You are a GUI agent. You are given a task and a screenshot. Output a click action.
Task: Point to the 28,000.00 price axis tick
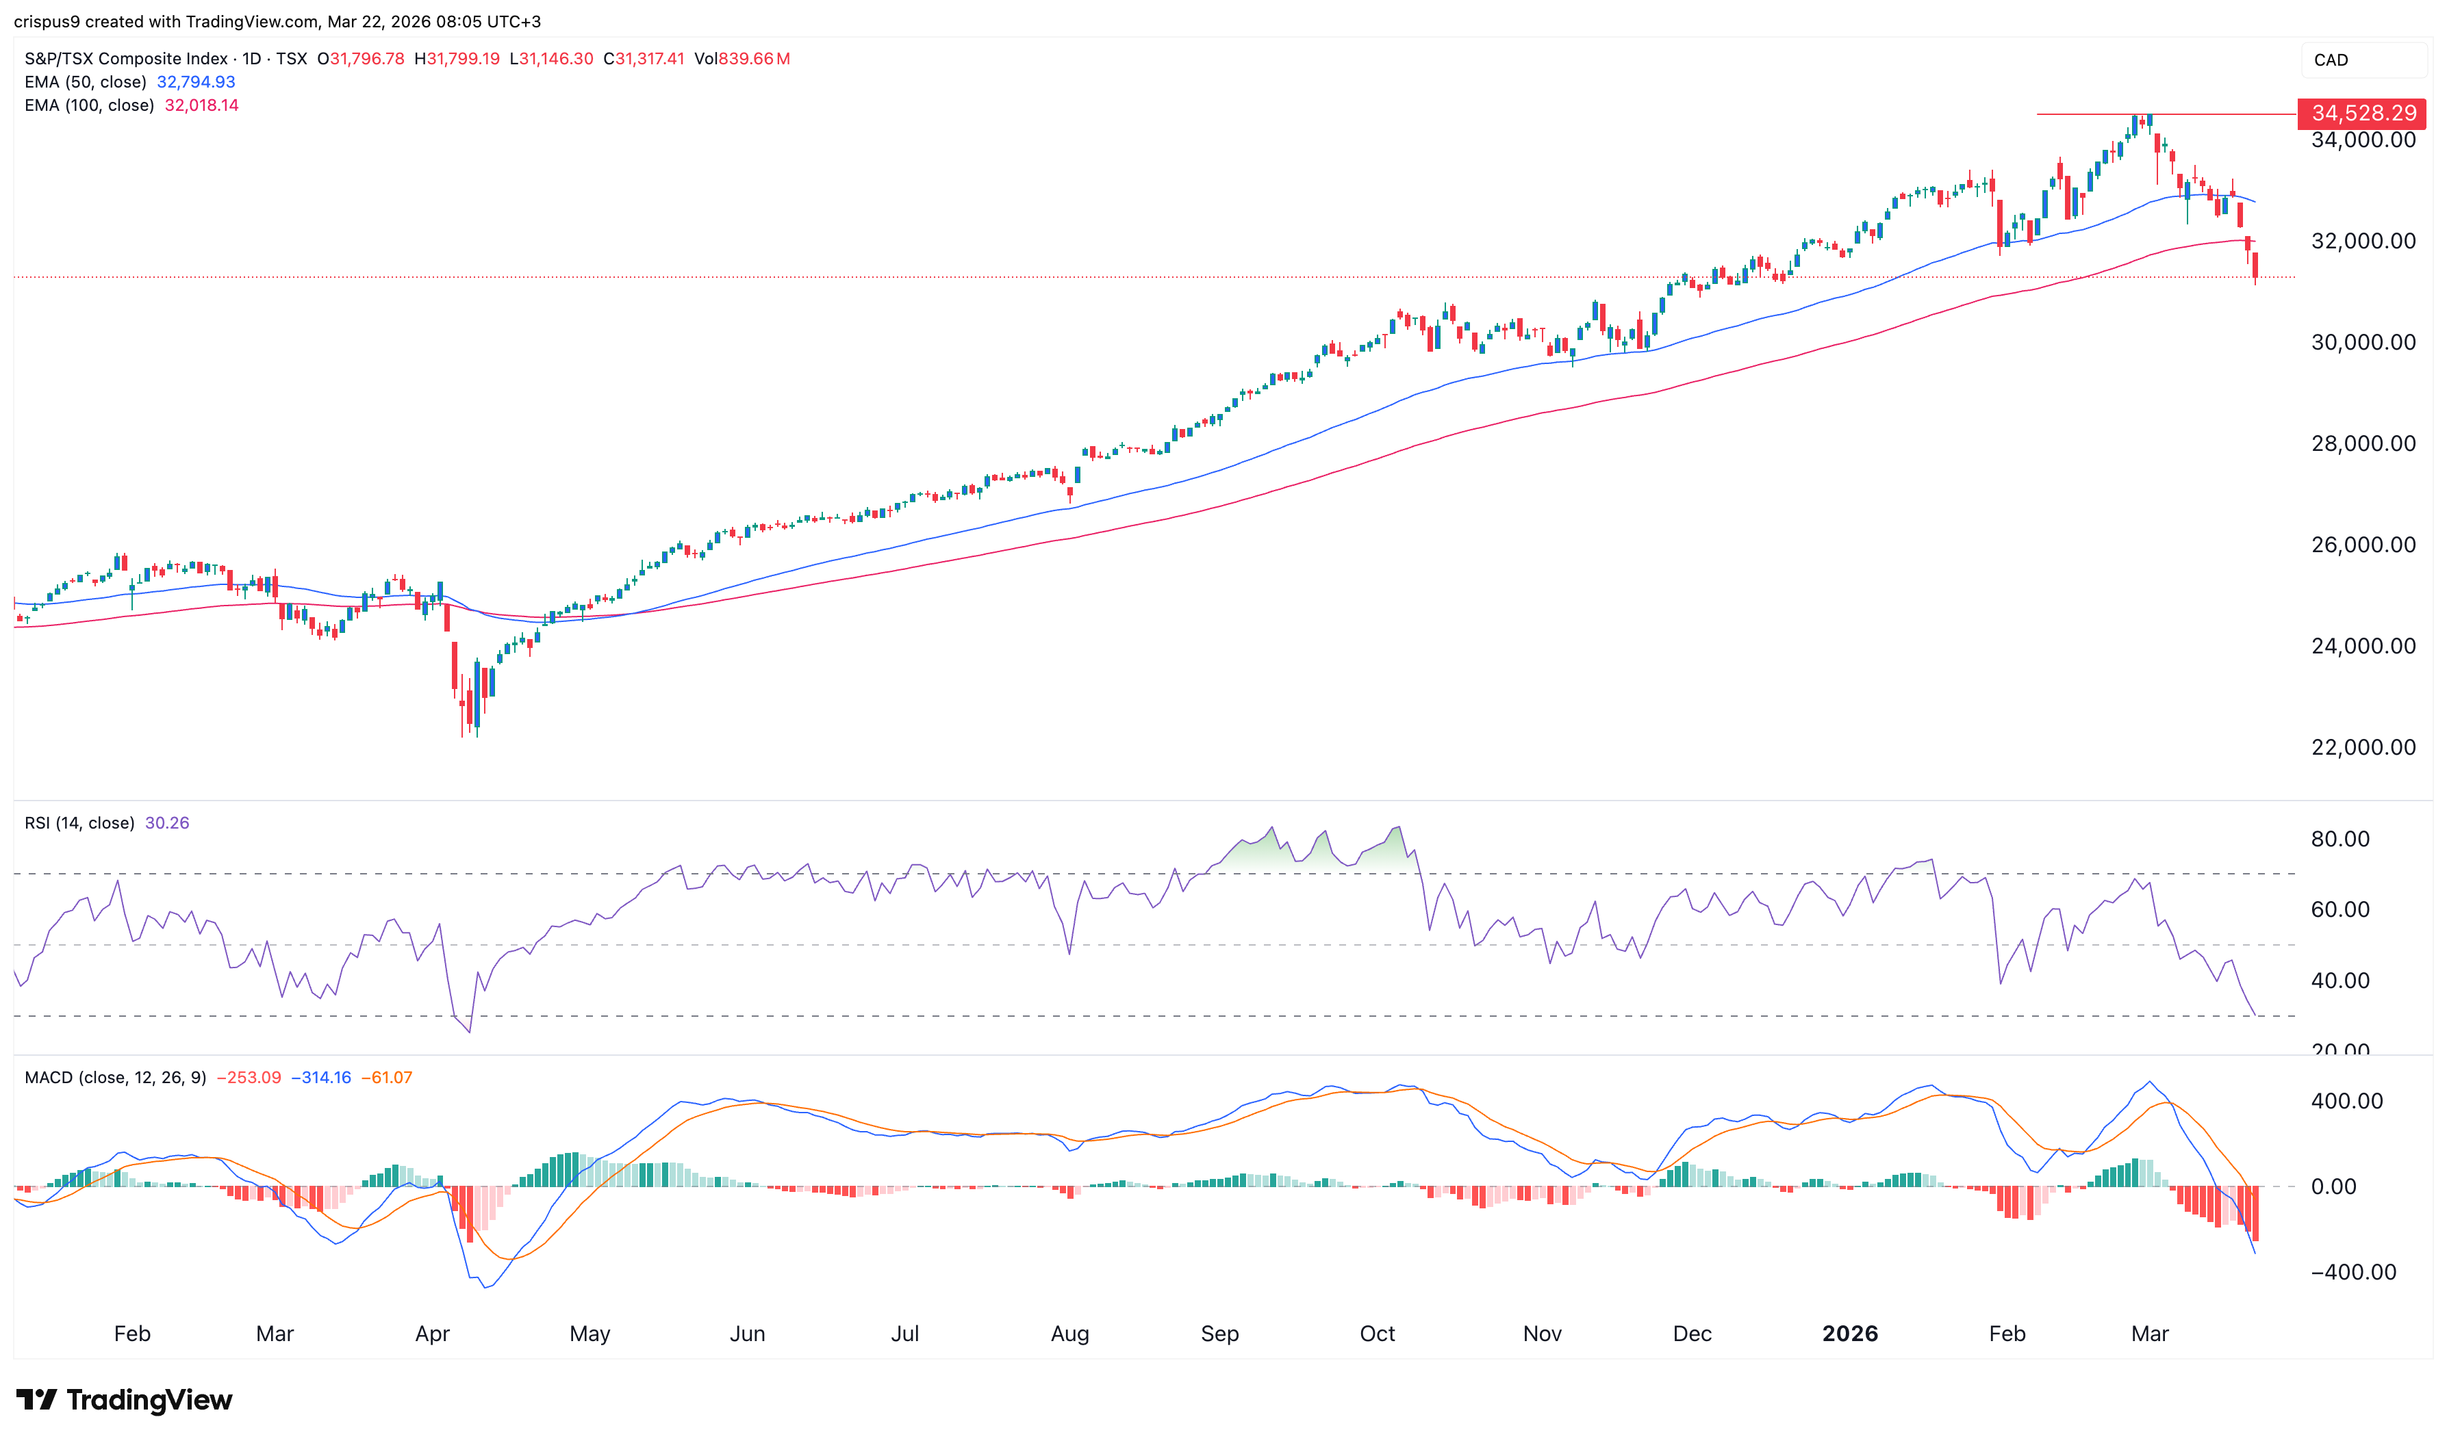pos(2363,444)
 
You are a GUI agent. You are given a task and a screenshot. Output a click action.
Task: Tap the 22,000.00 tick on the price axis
pos(2363,748)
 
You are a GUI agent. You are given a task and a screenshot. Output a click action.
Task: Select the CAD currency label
pos(2331,60)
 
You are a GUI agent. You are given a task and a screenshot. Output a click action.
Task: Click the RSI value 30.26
pos(167,823)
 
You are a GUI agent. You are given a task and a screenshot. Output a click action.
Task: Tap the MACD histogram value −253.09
pos(249,1078)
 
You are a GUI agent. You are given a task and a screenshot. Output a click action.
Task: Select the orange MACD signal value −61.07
pos(387,1078)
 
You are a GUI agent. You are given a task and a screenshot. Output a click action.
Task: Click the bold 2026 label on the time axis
pos(1849,1334)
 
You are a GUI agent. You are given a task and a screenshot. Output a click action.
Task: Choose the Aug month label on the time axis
pos(1069,1334)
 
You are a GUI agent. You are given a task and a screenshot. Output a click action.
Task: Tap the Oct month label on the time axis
pos(1376,1334)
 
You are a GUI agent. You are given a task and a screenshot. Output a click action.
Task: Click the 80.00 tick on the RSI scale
pos(2340,839)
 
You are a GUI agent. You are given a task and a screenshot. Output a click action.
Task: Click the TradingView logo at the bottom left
pos(125,1400)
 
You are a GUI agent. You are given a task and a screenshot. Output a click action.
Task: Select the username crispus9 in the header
pos(46,21)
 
